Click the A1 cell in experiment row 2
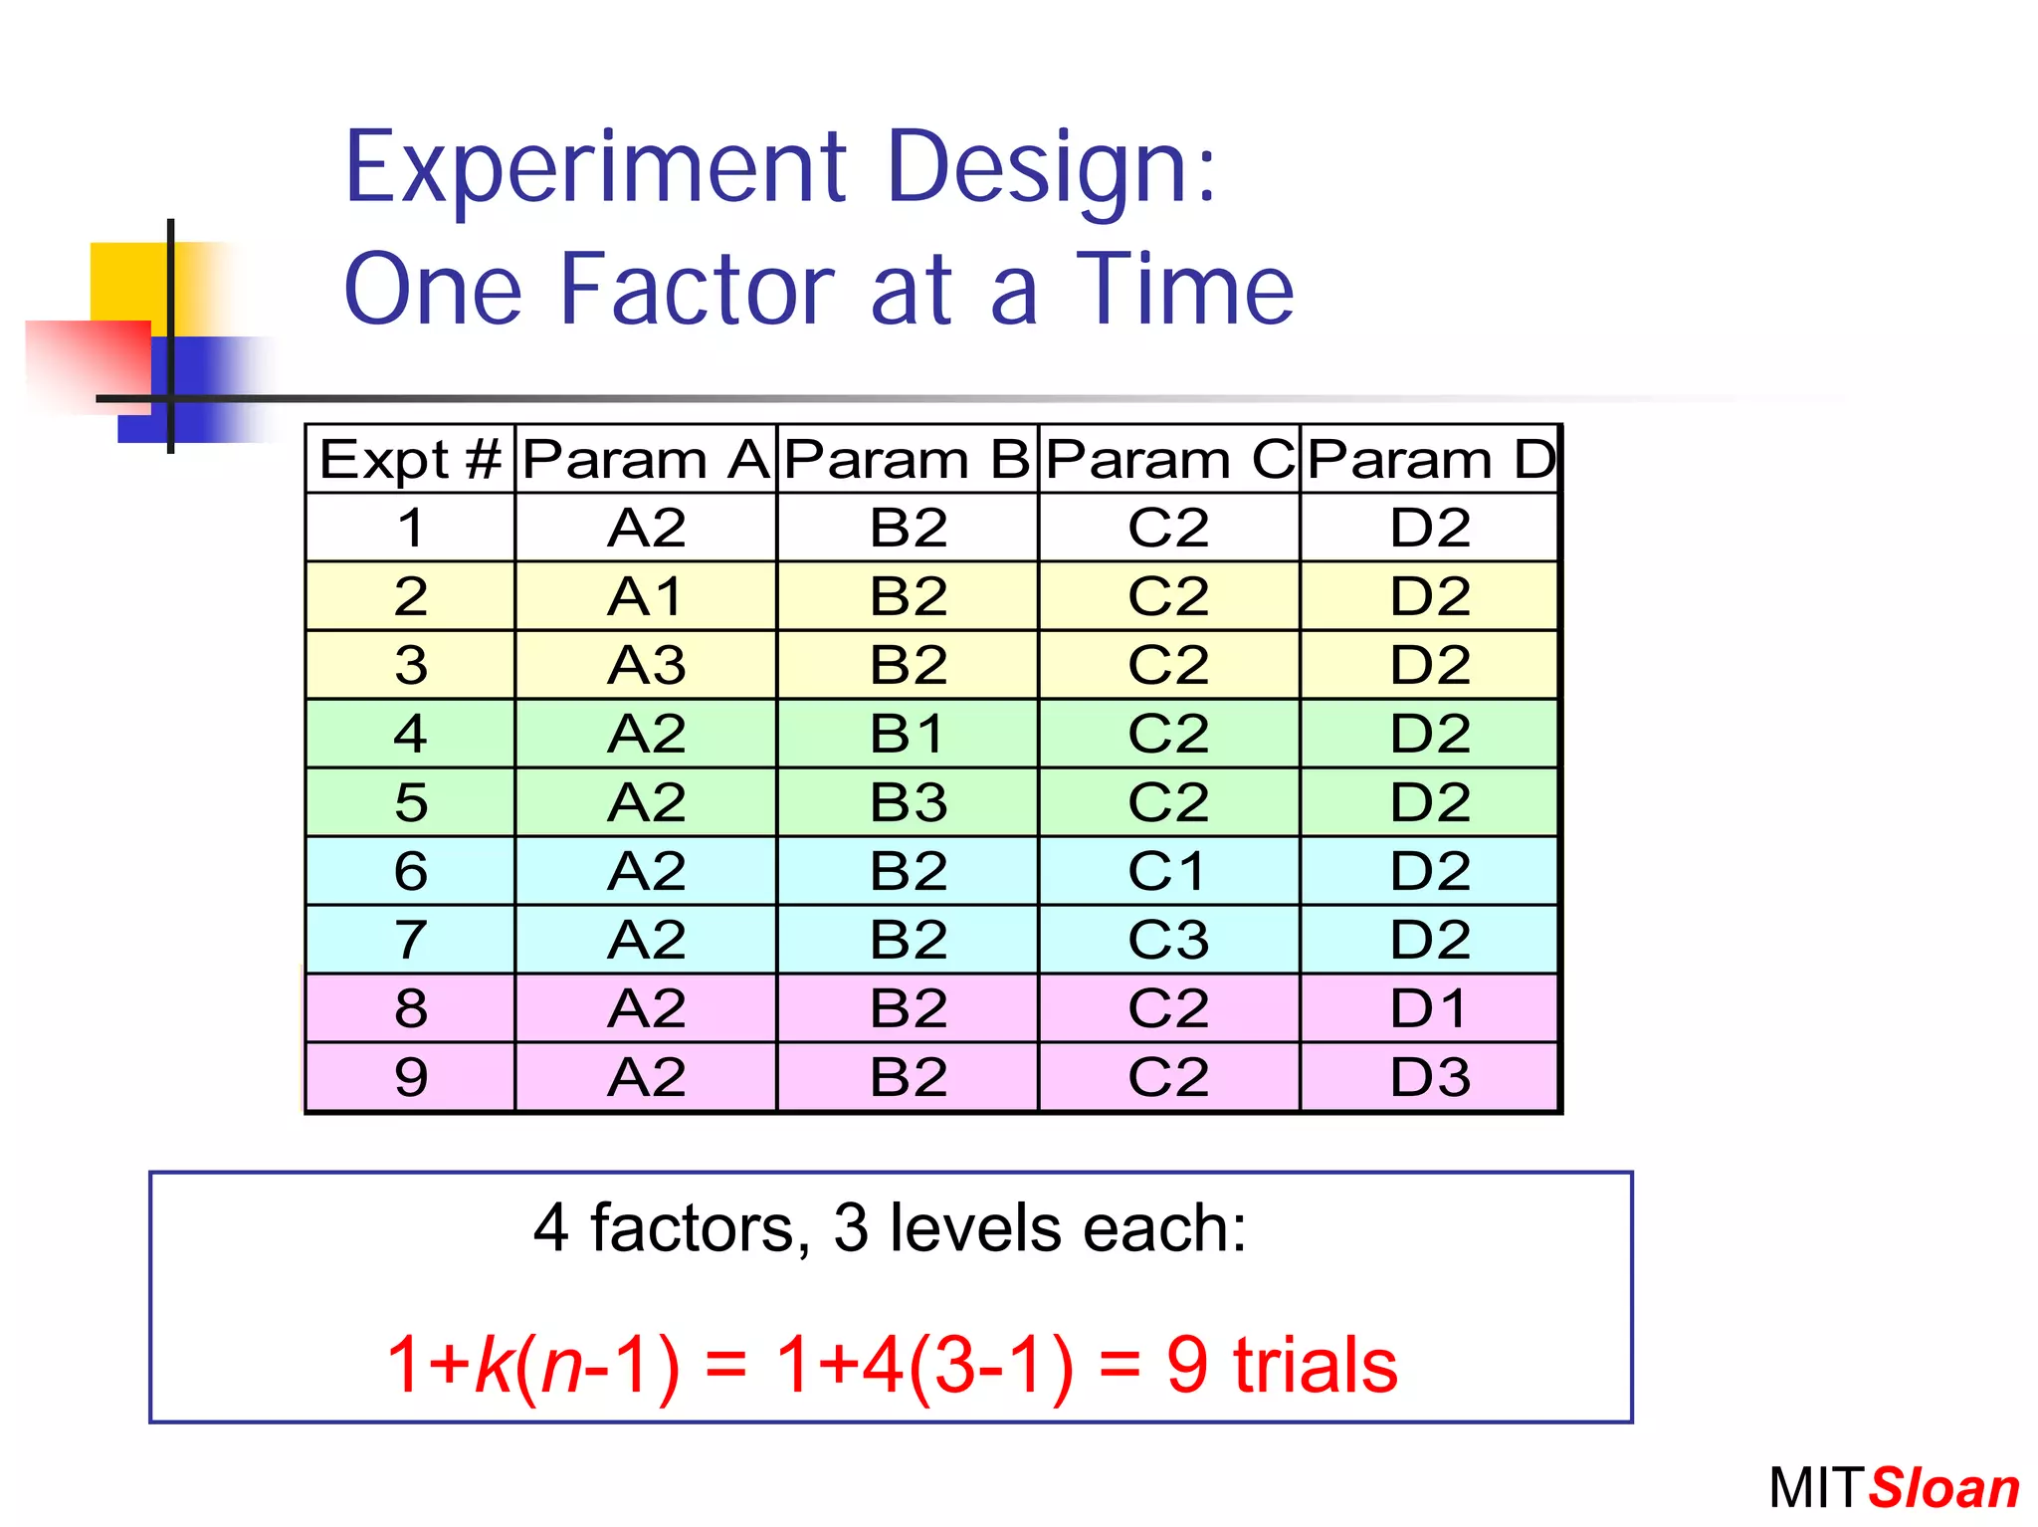point(645,596)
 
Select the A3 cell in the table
point(645,665)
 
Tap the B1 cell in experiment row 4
point(907,734)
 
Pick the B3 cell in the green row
point(907,802)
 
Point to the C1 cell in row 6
point(1167,871)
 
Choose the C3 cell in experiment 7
point(1167,940)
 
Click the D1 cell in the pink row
point(1429,1008)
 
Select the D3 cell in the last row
point(1429,1077)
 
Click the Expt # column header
point(410,460)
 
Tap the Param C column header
point(1168,460)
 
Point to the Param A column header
point(645,460)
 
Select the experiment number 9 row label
point(410,1077)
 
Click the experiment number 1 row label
point(410,528)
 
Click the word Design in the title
point(1050,169)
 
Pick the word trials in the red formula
point(1315,1365)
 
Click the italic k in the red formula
point(494,1365)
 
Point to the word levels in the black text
point(976,1228)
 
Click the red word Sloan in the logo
point(1943,1489)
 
